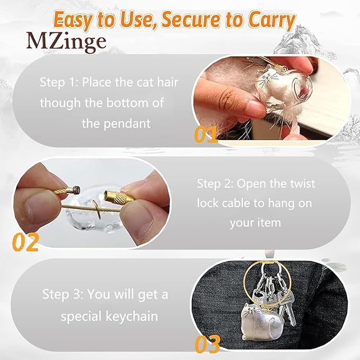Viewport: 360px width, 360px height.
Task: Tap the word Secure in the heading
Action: pyautogui.click(x=191, y=20)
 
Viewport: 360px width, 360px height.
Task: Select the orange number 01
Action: pyautogui.click(x=206, y=134)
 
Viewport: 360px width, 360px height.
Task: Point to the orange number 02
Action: pyautogui.click(x=25, y=242)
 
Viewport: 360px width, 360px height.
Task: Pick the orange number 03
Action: pyautogui.click(x=207, y=344)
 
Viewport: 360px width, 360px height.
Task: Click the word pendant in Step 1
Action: pyautogui.click(x=127, y=124)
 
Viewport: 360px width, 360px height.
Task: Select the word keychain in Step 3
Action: pyautogui.click(x=132, y=316)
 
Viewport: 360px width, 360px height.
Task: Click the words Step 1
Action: pyautogui.click(x=58, y=82)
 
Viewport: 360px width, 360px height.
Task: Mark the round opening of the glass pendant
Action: pyautogui.click(x=300, y=85)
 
